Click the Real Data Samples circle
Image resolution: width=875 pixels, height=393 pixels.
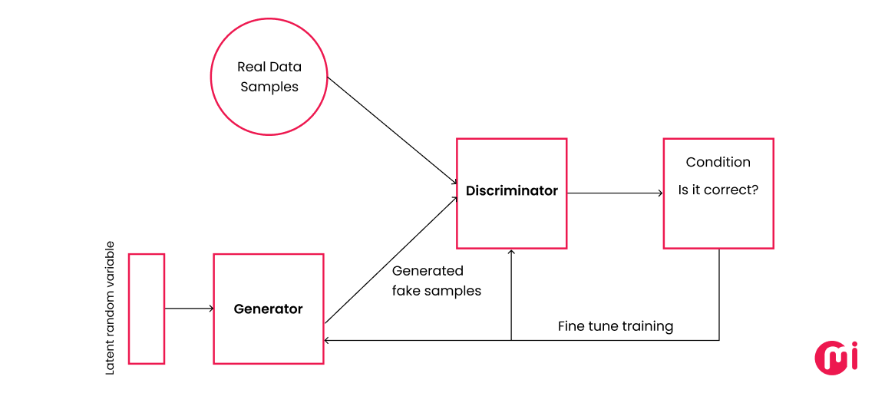point(269,77)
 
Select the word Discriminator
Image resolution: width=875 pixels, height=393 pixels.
point(511,190)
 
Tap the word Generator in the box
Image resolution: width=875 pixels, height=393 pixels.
point(268,309)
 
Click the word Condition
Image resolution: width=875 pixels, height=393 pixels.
point(718,162)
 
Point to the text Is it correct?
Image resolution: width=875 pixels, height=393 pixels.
point(718,190)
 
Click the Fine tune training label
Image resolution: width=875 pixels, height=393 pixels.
point(615,326)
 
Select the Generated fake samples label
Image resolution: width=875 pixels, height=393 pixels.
point(436,281)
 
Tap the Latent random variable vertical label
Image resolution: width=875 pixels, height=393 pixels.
point(110,308)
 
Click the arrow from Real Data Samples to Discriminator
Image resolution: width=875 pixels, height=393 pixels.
point(391,130)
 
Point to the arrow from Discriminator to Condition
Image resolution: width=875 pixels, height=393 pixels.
point(614,193)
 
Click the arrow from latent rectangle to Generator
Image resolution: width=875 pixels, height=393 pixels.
point(188,309)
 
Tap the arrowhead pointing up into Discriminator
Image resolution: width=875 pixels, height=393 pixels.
point(511,253)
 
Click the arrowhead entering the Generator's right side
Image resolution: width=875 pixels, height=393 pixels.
point(328,340)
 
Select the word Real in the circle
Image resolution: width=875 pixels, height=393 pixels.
point(252,67)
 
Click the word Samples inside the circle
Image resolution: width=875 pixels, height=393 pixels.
point(269,87)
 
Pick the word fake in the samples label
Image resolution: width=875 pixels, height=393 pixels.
point(406,291)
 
